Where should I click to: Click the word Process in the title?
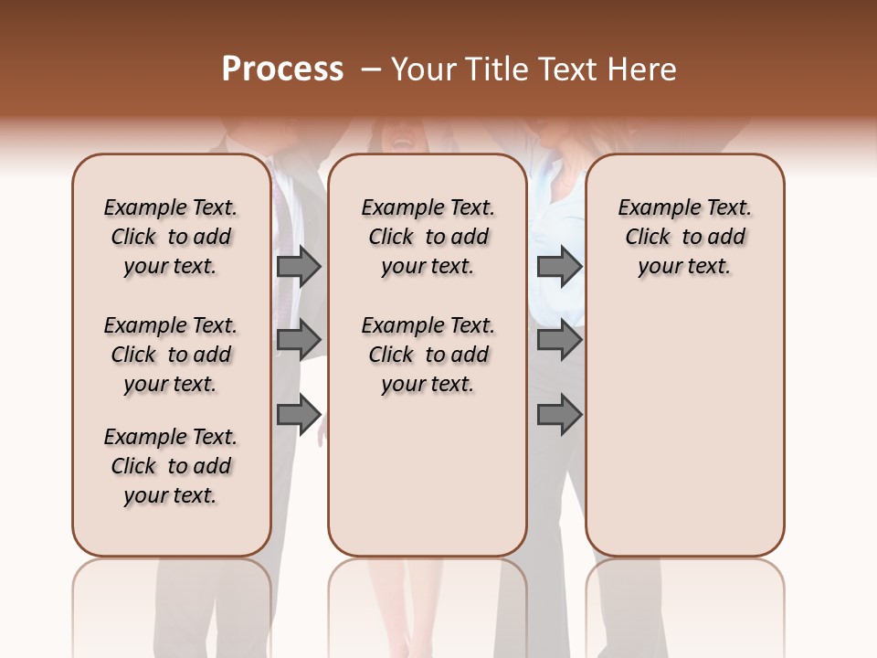(x=282, y=69)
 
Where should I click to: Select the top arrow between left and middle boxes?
(x=299, y=266)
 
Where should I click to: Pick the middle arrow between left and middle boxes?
(x=299, y=340)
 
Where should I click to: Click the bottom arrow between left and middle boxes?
(x=299, y=415)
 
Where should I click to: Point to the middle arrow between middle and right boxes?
(x=559, y=340)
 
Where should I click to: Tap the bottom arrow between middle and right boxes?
(x=559, y=415)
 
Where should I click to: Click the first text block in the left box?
(x=171, y=237)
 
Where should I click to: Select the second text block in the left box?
(x=171, y=355)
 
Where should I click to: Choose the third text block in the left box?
(x=171, y=466)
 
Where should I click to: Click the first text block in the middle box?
(x=428, y=237)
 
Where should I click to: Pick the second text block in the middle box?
(x=428, y=355)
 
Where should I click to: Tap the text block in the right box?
(x=684, y=237)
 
